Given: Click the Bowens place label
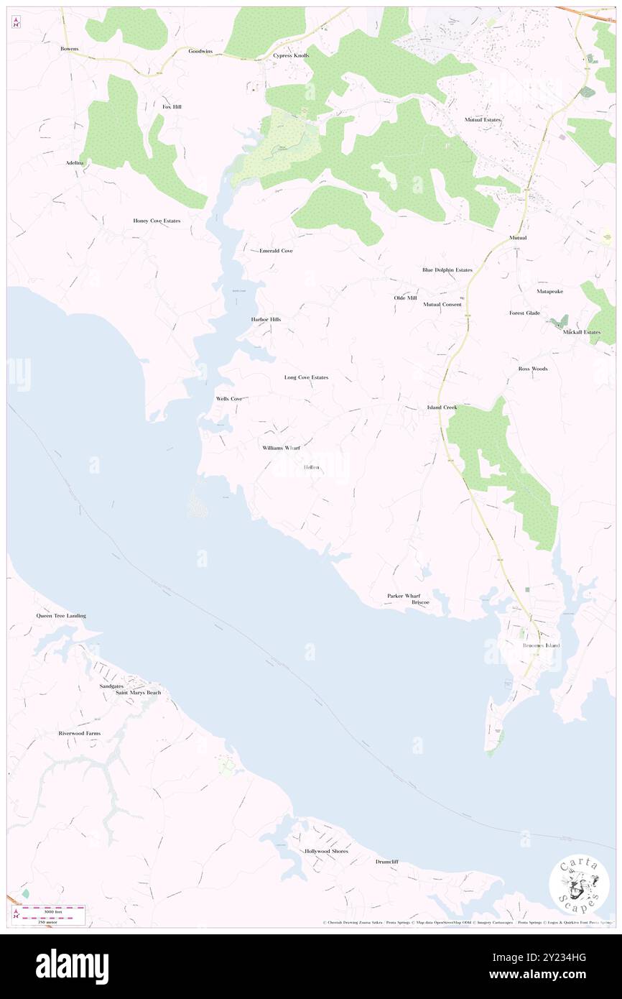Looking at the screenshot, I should (69, 49).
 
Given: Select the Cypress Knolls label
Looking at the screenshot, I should (291, 55).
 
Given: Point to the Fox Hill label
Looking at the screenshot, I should (172, 106).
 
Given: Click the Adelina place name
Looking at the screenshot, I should (75, 163).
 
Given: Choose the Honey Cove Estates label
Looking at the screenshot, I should (157, 221).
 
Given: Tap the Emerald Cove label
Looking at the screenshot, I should (276, 251).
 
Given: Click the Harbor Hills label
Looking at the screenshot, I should (266, 319).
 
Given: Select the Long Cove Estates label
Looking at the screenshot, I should (306, 377).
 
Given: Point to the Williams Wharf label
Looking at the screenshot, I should (281, 448).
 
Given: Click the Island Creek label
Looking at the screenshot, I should (442, 408).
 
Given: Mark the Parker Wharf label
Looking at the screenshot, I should (404, 596).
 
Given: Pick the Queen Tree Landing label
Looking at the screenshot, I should (61, 616).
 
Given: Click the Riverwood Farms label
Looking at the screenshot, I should (80, 733).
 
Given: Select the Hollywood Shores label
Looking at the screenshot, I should (326, 851).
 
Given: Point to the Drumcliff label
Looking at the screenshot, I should (386, 861).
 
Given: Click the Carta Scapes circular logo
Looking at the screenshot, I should (579, 883).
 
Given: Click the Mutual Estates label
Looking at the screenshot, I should (483, 119).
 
